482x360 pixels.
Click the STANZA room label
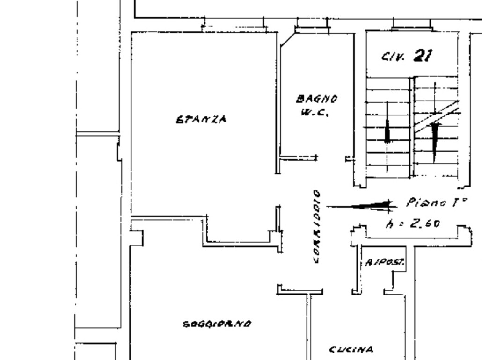[201, 119]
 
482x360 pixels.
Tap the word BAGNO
[317, 99]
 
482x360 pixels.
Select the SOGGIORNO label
[217, 324]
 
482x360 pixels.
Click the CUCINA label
[351, 350]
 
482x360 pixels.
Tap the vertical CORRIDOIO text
[317, 227]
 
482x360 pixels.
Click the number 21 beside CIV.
[423, 56]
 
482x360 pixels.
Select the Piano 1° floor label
[437, 202]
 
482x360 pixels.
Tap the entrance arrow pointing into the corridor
[361, 206]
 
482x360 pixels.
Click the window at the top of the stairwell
[412, 25]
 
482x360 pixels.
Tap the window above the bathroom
[312, 26]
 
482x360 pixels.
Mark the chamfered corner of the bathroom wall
[288, 40]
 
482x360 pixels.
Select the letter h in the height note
[389, 224]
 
